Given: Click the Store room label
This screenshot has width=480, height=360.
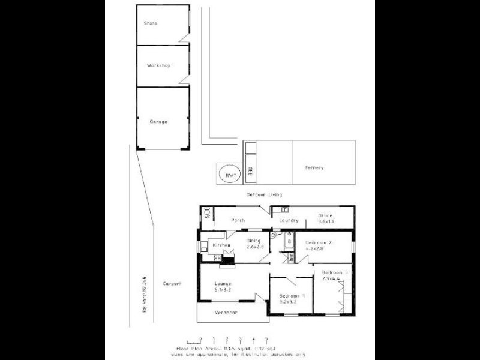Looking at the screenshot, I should [150, 23].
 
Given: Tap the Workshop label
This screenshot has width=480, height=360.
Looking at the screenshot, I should [159, 65].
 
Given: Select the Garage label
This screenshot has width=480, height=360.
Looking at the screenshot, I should [158, 122].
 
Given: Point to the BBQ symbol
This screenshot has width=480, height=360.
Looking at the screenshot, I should [251, 171].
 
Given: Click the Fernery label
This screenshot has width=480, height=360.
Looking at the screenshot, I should [314, 167].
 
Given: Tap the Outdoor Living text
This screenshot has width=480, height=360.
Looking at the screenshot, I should [264, 195].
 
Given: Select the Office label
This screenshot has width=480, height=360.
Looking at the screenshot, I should [325, 215].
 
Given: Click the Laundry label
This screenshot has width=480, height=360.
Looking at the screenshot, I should [289, 220].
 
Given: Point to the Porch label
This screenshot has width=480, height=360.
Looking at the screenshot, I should [238, 220].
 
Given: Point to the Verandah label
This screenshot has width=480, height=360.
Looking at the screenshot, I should [226, 313].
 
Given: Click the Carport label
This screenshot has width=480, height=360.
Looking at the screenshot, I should [172, 283].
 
